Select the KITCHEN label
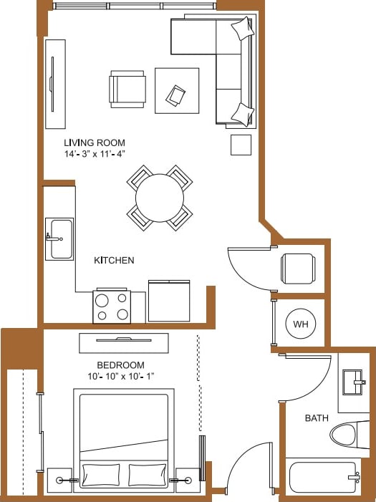114,261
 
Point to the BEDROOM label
120,365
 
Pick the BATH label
317,418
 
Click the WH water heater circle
301,324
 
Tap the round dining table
160,198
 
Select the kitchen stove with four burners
111,306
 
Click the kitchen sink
60,238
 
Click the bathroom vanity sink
355,382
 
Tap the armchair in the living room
127,90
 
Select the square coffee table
177,90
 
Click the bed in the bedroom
125,437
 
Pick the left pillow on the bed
102,475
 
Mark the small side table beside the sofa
241,145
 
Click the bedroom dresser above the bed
124,343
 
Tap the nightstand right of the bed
188,480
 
